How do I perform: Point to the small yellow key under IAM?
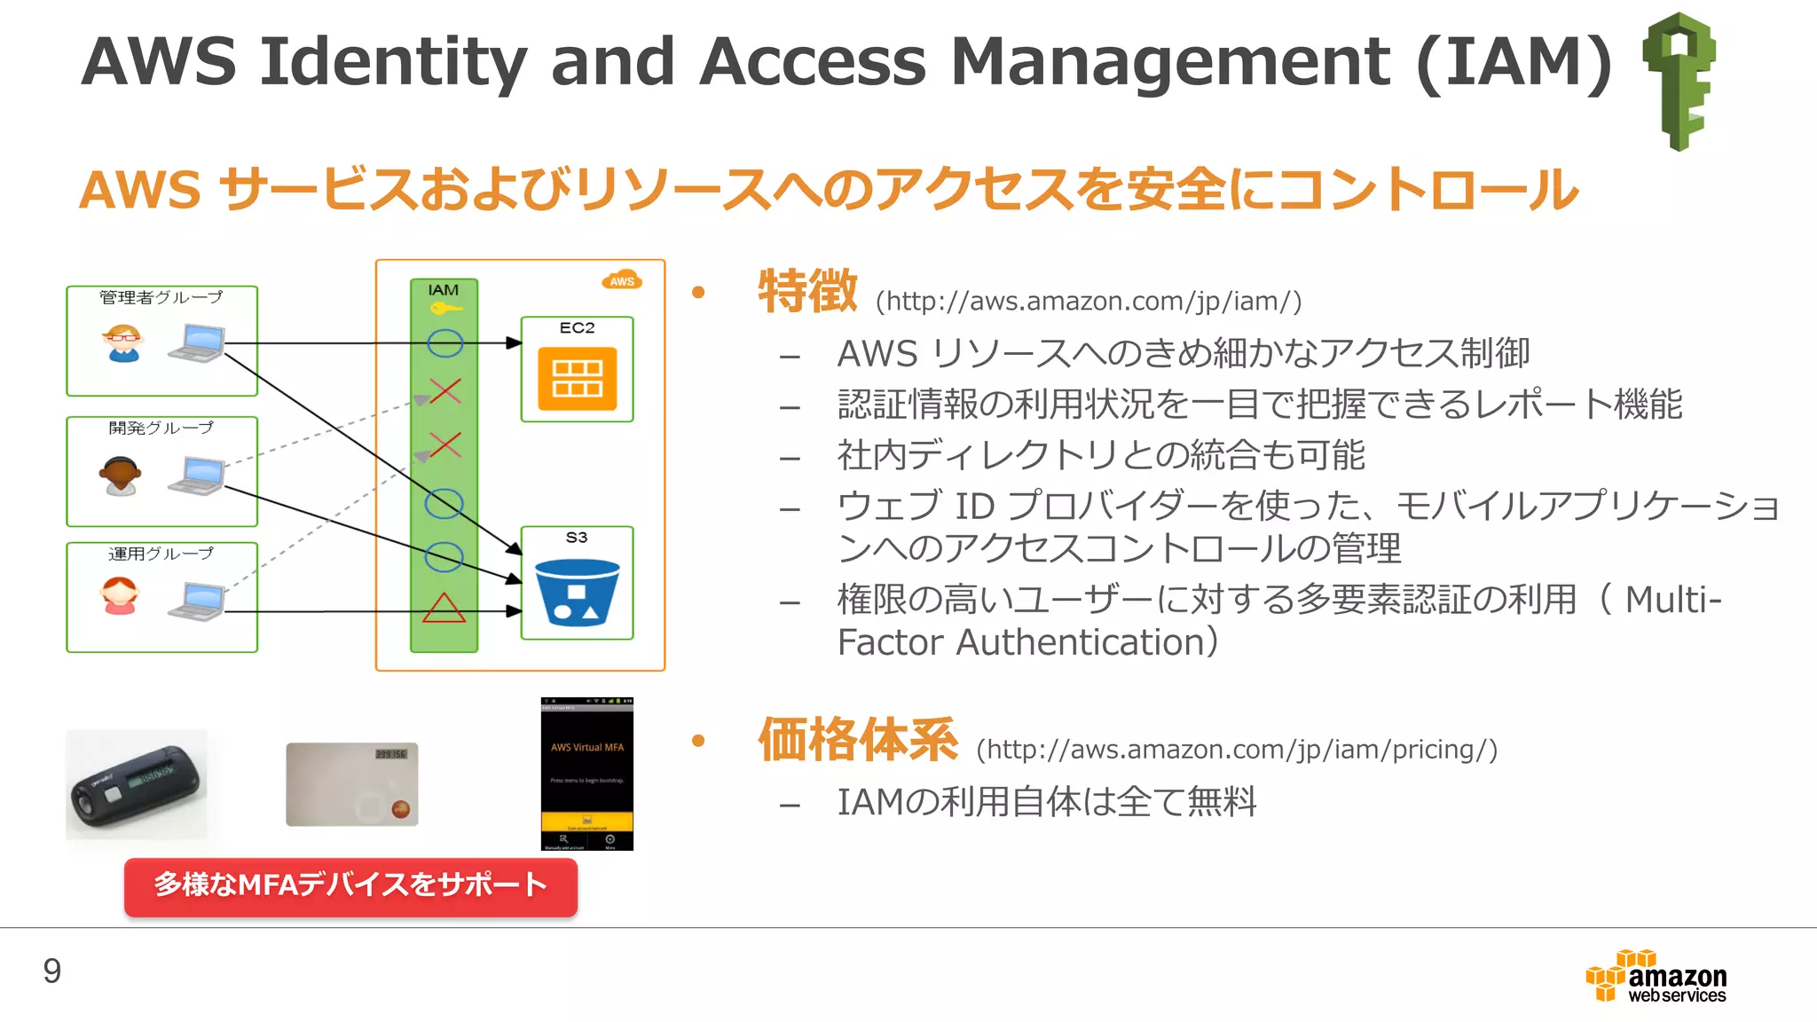444,309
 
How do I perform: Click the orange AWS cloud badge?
622,280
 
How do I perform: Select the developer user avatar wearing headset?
120,476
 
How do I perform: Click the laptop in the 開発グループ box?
198,476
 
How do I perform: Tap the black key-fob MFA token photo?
137,784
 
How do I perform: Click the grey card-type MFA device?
352,784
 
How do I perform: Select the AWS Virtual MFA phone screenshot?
587,774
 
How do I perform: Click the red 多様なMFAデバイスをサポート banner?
350,886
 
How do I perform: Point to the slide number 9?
52,971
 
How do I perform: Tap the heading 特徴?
807,291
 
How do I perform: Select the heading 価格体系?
858,740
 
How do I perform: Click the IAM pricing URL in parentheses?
1237,751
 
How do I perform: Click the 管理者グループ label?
161,297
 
